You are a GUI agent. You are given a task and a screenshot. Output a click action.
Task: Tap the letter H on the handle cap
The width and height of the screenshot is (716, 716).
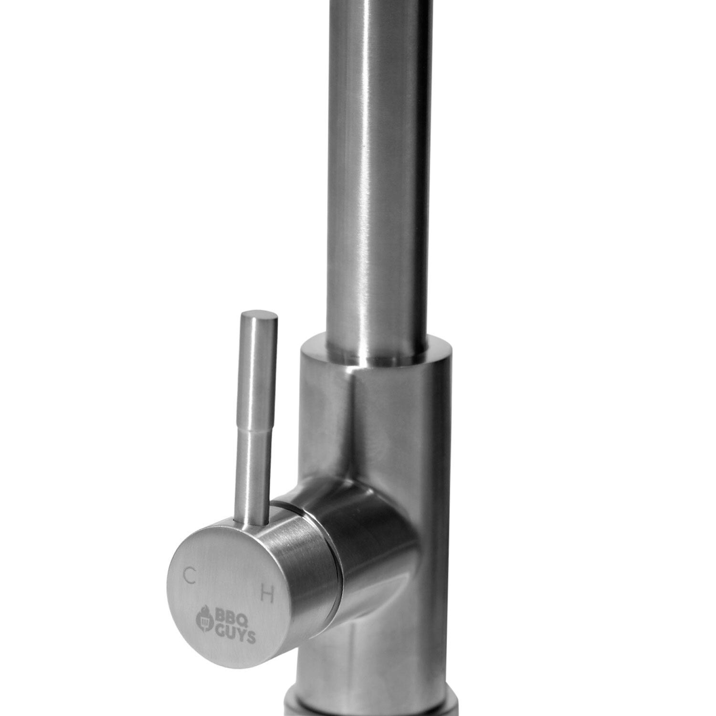coord(268,595)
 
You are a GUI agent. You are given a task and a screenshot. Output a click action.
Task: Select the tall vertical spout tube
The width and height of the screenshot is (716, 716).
coord(377,167)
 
